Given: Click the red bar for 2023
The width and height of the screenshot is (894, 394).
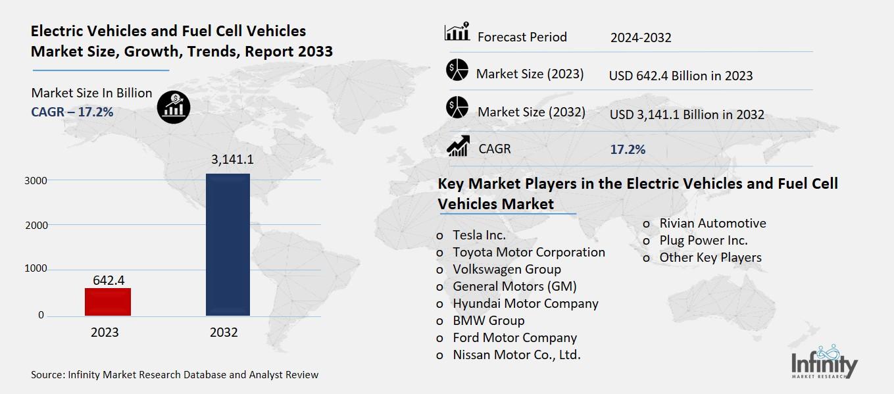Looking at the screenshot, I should coord(107,302).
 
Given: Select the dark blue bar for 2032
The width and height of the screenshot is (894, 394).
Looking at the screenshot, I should coord(228,245).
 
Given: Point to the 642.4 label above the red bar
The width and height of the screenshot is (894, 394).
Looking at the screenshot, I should coord(109,280).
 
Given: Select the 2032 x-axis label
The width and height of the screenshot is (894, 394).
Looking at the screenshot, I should coord(224,332).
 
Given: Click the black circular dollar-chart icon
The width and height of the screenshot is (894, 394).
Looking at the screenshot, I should coord(174,106).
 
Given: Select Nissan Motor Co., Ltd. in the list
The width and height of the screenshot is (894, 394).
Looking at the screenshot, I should coord(516,355).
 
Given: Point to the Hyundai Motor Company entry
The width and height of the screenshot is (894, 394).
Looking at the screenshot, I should coord(525,303).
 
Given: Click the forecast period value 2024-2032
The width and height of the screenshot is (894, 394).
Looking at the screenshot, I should coord(640,37).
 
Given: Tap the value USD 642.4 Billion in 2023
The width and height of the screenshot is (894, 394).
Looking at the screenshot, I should coord(680,76).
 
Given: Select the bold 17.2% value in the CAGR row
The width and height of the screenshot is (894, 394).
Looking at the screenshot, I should coord(628,149).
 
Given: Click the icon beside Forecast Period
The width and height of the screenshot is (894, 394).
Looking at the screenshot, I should coord(457,32).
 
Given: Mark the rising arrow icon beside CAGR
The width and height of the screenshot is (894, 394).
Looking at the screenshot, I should coord(457,147).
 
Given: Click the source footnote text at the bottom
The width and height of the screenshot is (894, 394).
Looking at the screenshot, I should coord(174,375).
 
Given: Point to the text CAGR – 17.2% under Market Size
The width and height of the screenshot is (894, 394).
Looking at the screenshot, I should coord(72,112).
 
